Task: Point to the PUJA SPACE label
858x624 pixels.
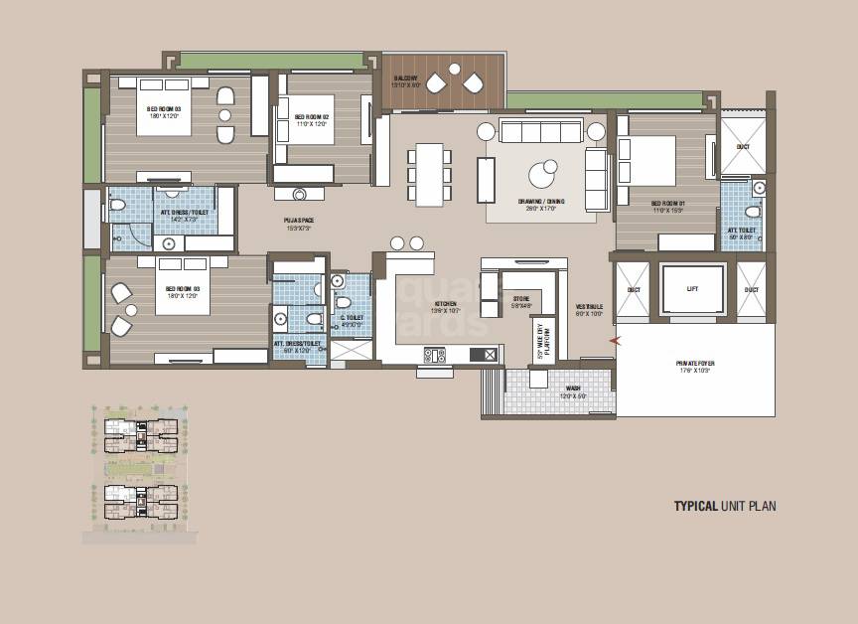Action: [299, 226]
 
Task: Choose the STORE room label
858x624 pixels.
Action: [521, 301]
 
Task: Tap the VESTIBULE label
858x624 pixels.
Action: [589, 310]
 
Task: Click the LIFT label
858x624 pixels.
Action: [692, 290]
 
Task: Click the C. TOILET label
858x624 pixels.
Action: [351, 320]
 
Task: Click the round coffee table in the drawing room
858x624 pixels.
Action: [544, 175]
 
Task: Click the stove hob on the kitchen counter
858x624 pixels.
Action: [434, 353]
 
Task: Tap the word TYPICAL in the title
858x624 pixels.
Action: [696, 506]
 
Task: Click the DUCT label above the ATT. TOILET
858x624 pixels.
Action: [743, 146]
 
